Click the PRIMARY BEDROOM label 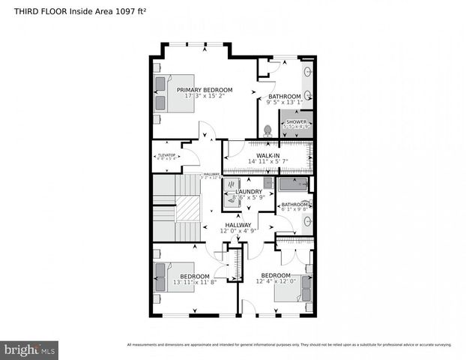coord(205,90)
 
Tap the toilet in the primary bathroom coord(267,128)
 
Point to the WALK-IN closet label coord(267,155)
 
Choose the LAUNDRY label coord(249,192)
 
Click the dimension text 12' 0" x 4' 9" coord(238,231)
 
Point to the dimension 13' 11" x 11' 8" coord(194,282)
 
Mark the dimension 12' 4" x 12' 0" coord(276,282)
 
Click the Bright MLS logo coord(30,349)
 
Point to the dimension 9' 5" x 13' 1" coord(284,103)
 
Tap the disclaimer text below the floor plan coord(289,344)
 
